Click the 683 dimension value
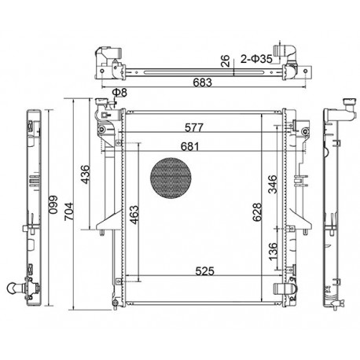[x=202, y=83]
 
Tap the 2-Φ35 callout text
[x=256, y=59]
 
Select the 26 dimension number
[x=225, y=61]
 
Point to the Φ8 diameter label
[x=119, y=92]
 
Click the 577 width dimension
[x=194, y=127]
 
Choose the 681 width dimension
[x=189, y=146]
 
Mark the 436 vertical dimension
[x=85, y=174]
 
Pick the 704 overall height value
[x=69, y=211]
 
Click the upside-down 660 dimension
[x=53, y=205]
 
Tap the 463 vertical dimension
[x=134, y=215]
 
